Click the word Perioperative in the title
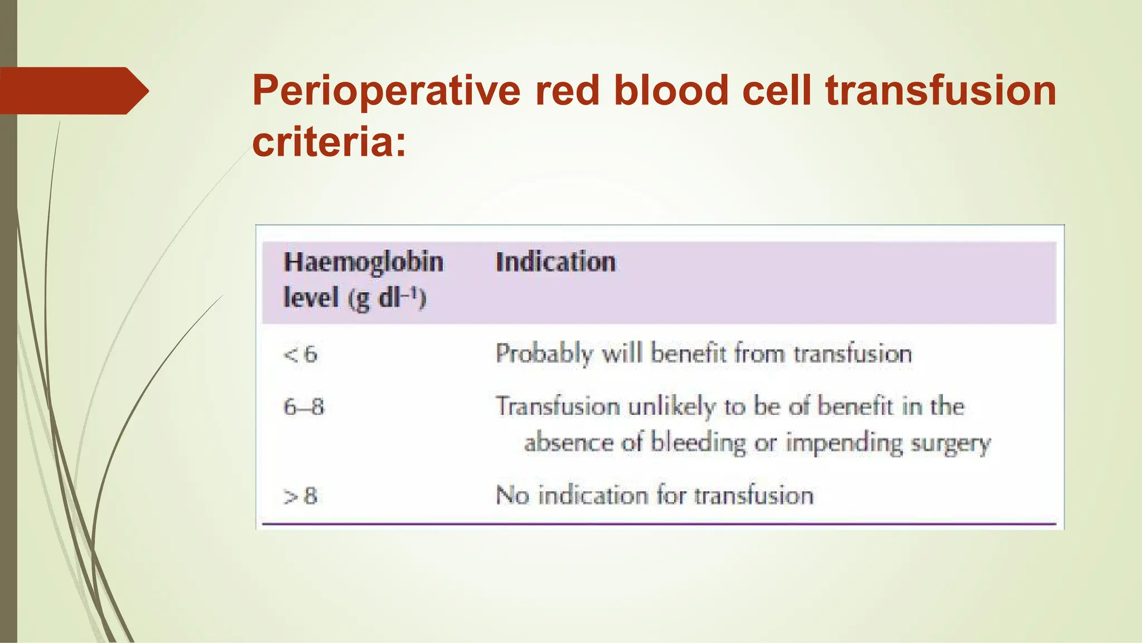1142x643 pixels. click(386, 92)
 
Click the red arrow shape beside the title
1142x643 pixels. click(72, 90)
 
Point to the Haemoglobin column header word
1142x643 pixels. click(364, 262)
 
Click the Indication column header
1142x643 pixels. click(555, 262)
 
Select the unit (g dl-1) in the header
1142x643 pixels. click(387, 298)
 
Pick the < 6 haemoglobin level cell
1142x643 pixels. click(301, 354)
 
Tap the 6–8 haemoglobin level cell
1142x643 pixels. click(303, 407)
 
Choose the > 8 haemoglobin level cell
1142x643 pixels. click(301, 496)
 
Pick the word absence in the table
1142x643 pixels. click(569, 443)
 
